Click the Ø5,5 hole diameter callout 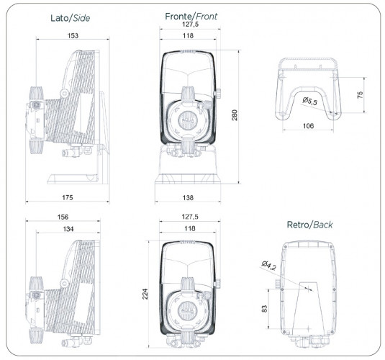tap(311, 101)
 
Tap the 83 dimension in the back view tap(265, 307)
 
